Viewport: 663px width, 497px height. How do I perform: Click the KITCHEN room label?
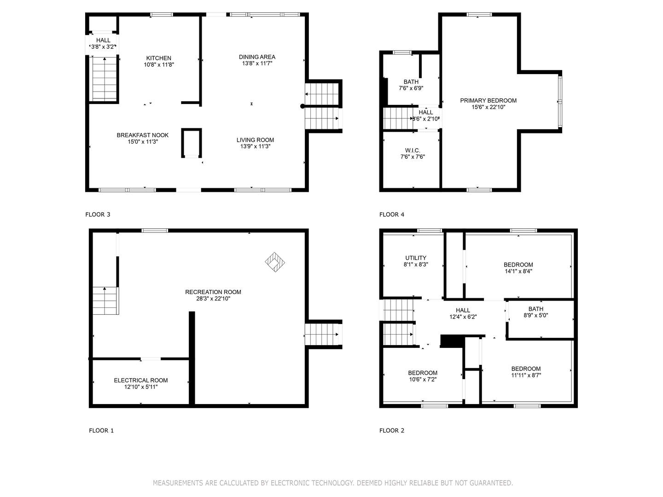tap(158, 58)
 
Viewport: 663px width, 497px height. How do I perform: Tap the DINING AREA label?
tap(257, 57)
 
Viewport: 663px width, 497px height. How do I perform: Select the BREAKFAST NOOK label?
tap(143, 135)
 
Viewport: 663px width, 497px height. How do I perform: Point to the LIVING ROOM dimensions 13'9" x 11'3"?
tap(255, 146)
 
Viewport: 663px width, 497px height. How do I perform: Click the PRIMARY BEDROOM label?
tap(488, 100)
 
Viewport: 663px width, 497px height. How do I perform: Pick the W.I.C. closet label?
tap(413, 150)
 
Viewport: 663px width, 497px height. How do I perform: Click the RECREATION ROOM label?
tap(213, 292)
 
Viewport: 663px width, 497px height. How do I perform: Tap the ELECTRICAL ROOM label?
tap(141, 380)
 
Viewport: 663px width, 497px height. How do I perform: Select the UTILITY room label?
tap(416, 258)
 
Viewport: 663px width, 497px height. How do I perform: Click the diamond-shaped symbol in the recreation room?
tap(275, 262)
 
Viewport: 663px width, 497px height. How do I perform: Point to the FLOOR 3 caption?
tap(98, 214)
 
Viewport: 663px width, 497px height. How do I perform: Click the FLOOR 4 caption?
tap(392, 214)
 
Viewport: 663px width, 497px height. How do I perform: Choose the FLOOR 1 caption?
tap(101, 431)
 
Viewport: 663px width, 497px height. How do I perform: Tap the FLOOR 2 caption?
tap(392, 431)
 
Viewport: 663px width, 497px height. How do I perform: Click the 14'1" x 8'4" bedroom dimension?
tap(518, 271)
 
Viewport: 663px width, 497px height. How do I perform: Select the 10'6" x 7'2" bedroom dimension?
tap(423, 379)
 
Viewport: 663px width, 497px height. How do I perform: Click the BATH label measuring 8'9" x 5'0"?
tap(536, 309)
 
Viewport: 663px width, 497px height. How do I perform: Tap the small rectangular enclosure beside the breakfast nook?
tap(192, 143)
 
